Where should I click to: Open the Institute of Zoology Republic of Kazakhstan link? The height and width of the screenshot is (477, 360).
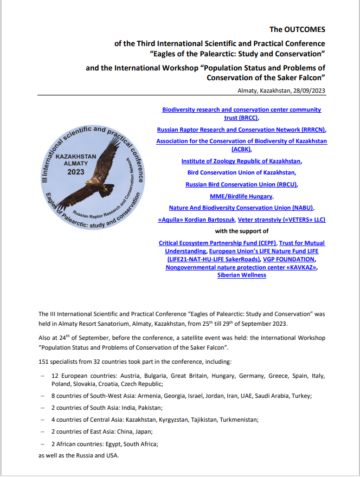(x=241, y=161)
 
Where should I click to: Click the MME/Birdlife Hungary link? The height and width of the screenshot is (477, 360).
(x=241, y=196)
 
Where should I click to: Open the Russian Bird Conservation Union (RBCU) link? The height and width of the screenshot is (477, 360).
(x=241, y=184)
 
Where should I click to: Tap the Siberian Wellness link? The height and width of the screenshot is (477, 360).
(x=241, y=275)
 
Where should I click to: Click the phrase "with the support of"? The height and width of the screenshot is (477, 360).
(x=241, y=231)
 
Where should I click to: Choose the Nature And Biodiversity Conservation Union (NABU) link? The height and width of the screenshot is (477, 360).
(x=241, y=208)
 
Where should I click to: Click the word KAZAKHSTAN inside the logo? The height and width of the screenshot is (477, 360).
(x=76, y=156)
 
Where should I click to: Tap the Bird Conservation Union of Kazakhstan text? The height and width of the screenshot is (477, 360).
(x=241, y=172)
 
